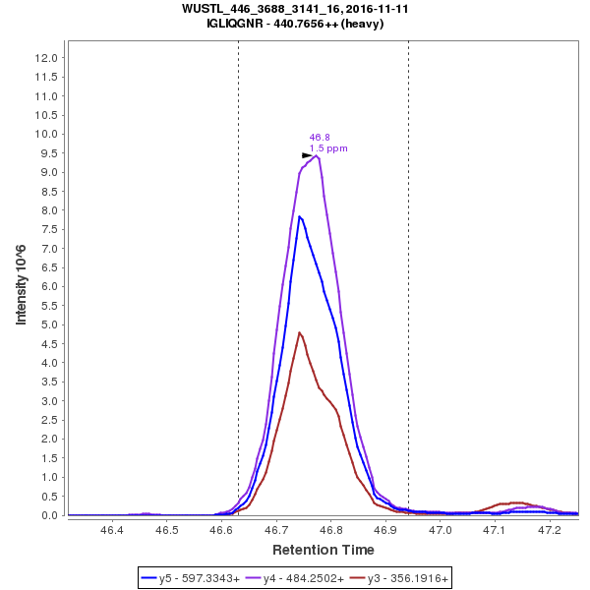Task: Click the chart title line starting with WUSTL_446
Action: [295, 8]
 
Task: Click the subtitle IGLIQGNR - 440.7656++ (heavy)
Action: [295, 23]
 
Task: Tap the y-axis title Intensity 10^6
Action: [21, 286]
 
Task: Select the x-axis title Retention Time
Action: [323, 549]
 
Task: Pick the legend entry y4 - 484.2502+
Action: [295, 579]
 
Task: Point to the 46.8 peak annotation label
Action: [320, 138]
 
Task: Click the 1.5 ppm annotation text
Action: [328, 148]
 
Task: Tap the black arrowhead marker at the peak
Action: [307, 155]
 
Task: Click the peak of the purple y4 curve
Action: [317, 155]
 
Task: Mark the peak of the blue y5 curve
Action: [300, 215]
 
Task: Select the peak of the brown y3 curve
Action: [300, 332]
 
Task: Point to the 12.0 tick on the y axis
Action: [46, 57]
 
